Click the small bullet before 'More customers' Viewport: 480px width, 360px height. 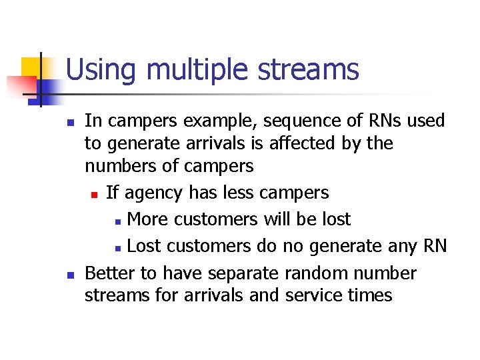click(x=117, y=221)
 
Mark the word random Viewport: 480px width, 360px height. click(x=320, y=273)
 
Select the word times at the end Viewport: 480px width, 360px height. click(x=369, y=295)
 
